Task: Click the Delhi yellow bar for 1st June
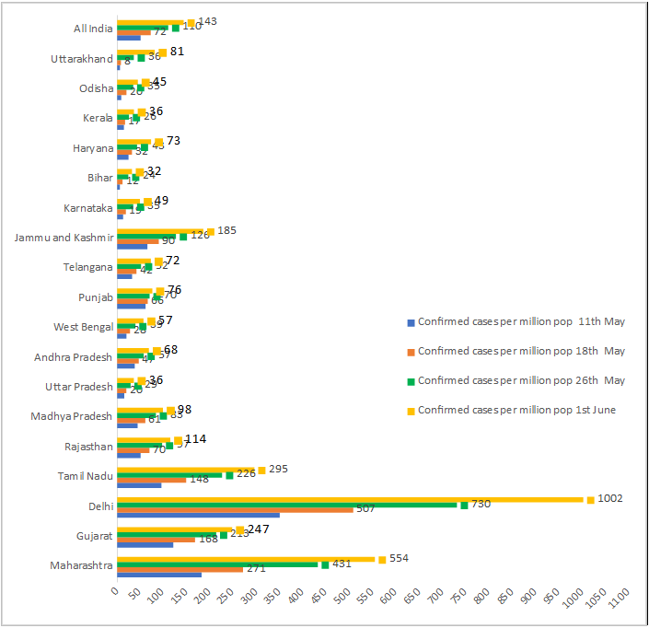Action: (350, 500)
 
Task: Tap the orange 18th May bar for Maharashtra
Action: (180, 569)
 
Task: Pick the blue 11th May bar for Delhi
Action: (198, 515)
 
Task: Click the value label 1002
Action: (609, 498)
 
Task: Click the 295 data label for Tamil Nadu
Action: (278, 470)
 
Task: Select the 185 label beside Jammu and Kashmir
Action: (226, 230)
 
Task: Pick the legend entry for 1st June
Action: (516, 410)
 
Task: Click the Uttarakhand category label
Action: (82, 59)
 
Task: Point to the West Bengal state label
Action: (84, 327)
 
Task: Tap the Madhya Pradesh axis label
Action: (72, 416)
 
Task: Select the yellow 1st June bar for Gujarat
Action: (175, 529)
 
